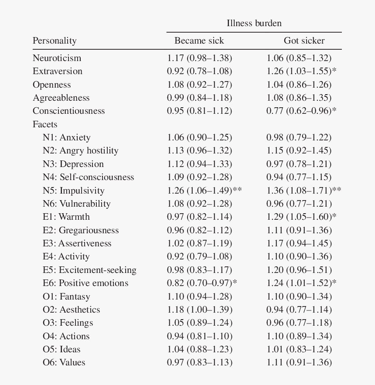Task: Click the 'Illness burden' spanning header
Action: (x=254, y=23)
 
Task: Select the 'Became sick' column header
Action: (x=199, y=41)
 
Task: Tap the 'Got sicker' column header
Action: (x=304, y=41)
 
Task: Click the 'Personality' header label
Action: (x=55, y=41)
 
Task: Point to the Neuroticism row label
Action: (x=57, y=58)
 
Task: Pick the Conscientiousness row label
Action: (x=69, y=111)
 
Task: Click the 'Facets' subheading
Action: (x=45, y=124)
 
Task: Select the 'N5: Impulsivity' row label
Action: (x=74, y=191)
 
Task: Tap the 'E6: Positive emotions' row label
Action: (x=85, y=283)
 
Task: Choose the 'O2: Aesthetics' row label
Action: (x=72, y=310)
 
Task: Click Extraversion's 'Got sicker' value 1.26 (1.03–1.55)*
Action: (x=302, y=71)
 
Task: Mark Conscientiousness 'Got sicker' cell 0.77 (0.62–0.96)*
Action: (x=302, y=111)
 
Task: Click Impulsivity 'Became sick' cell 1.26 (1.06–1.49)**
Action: (x=205, y=191)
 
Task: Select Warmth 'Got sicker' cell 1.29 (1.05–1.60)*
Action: (x=302, y=217)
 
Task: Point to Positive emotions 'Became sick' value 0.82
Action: (x=175, y=283)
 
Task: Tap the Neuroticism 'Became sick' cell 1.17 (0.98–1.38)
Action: (x=199, y=58)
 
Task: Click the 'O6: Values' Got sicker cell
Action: (x=299, y=363)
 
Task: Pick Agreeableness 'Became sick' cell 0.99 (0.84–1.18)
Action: (x=199, y=98)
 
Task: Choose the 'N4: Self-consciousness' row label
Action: (x=89, y=177)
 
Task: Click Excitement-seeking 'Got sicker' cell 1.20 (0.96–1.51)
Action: (x=299, y=270)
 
